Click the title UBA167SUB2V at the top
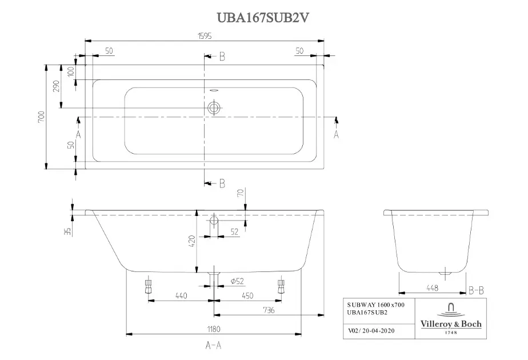(263, 18)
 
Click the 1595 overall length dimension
(205, 35)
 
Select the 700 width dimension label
(41, 117)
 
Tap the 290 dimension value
(56, 86)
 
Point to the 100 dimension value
(71, 72)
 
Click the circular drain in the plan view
(214, 108)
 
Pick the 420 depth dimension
(191, 241)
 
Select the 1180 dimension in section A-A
(214, 329)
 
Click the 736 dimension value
(269, 310)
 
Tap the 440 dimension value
(181, 295)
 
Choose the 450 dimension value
(247, 295)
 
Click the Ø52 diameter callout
(237, 281)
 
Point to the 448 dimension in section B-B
(433, 288)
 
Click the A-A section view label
(214, 345)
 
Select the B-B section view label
(476, 290)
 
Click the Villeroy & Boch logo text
(451, 324)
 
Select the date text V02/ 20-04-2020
(371, 331)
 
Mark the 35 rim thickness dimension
(67, 231)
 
